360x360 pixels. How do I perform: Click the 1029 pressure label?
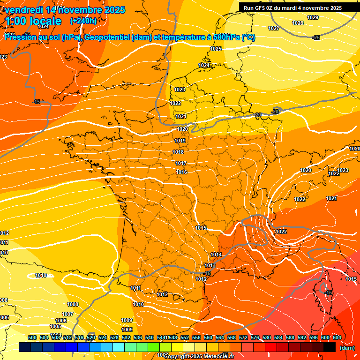tap(313, 17)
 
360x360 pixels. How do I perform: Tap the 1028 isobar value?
tap(298, 23)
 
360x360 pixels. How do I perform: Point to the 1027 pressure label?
tap(274, 28)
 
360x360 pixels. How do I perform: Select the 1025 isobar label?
tap(216, 49)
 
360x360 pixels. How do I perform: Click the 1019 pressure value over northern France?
tap(180, 141)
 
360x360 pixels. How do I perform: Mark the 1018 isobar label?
tap(178, 152)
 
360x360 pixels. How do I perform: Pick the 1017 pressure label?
tap(181, 163)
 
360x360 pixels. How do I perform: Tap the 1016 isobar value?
tap(182, 172)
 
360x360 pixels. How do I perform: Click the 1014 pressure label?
tap(216, 255)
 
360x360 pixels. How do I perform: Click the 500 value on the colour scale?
tap(32, 337)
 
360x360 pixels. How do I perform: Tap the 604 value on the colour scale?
tap(337, 337)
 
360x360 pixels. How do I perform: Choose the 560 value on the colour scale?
tap(208, 337)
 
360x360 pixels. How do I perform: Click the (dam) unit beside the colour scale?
tap(347, 348)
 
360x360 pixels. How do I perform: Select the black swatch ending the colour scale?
tap(330, 347)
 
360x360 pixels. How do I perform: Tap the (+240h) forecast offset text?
tap(83, 21)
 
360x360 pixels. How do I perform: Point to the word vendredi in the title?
tap(23, 10)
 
